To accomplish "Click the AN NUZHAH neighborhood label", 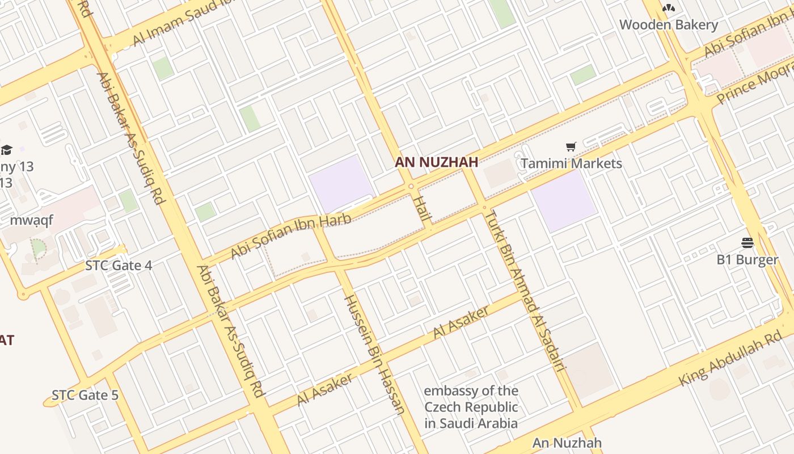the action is [436, 162].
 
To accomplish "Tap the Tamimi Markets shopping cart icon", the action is [571, 147].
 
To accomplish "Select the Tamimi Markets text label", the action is [571, 163].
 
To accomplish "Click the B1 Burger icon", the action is [747, 243].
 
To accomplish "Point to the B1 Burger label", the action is [747, 260].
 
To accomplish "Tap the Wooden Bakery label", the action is [668, 25].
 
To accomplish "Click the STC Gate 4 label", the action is [119, 265].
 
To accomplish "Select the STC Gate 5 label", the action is [85, 395].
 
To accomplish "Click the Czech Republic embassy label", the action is [471, 407].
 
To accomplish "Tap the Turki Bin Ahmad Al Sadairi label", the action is [527, 290].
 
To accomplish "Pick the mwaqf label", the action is [32, 220].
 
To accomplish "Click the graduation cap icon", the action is [7, 150].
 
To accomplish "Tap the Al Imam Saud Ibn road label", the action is [175, 23].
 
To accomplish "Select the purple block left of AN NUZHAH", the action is [341, 183].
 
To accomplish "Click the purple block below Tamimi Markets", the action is [564, 201].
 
